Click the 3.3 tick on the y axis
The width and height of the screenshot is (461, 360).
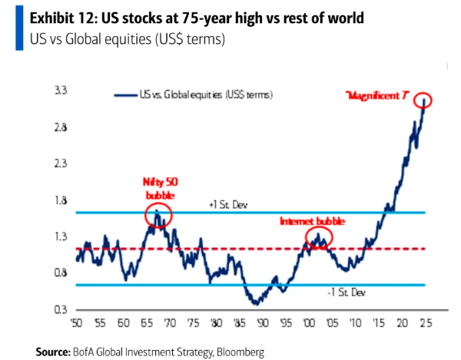[x=60, y=92]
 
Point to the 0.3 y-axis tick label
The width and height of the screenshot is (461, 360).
[x=60, y=310]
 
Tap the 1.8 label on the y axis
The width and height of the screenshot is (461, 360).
[x=60, y=201]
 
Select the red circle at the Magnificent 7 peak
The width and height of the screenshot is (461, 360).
[x=423, y=101]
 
